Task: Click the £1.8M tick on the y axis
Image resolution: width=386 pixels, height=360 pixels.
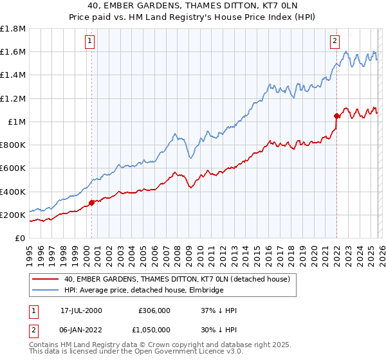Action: click(x=14, y=29)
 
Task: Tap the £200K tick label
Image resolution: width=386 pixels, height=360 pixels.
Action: click(x=13, y=215)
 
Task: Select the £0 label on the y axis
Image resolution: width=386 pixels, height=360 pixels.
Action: click(x=21, y=238)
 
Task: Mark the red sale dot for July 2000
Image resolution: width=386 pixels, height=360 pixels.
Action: click(x=91, y=203)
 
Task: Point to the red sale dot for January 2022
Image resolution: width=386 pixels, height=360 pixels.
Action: click(x=336, y=116)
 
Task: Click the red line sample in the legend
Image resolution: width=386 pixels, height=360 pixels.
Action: click(x=45, y=280)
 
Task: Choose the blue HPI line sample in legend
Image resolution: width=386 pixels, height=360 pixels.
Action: click(x=45, y=290)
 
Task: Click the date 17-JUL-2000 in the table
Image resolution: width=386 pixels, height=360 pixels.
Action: click(x=81, y=310)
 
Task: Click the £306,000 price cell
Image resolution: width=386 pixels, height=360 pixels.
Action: click(x=154, y=310)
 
